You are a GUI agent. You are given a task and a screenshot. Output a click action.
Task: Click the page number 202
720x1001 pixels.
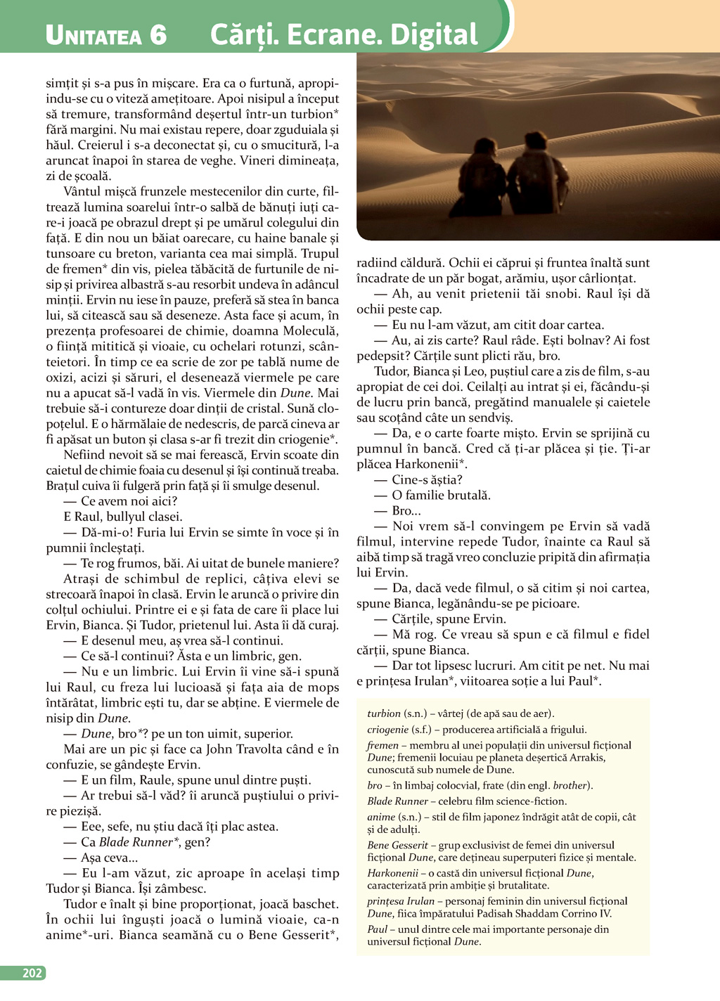(32, 973)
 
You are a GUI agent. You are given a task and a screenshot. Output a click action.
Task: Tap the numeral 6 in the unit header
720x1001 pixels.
(157, 35)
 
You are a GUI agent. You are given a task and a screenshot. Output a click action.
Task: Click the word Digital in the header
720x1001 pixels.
(434, 35)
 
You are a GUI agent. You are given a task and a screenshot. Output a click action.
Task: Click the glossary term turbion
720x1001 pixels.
(384, 713)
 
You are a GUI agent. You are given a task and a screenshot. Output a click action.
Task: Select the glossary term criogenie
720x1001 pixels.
(389, 730)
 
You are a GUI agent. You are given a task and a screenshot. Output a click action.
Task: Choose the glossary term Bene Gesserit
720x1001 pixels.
(397, 845)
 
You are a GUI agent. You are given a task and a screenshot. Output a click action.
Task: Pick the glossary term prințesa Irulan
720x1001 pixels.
(401, 901)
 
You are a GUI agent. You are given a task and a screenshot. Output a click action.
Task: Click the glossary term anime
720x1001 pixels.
(380, 817)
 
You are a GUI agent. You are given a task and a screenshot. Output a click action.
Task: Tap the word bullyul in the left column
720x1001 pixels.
(128, 517)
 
